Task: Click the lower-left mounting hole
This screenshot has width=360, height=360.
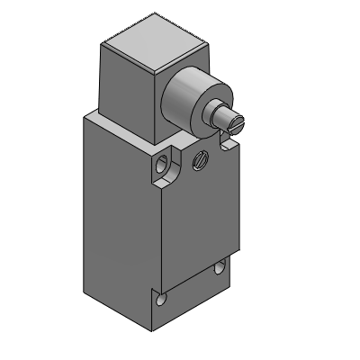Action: (x=161, y=300)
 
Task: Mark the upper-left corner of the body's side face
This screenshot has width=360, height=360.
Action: (x=87, y=118)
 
